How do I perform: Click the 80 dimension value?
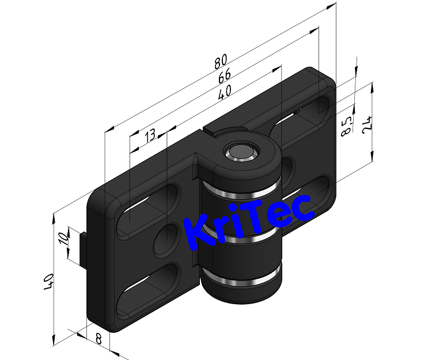(221, 60)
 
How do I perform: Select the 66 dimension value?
(223, 75)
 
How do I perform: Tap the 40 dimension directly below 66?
(225, 91)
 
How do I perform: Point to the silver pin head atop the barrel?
(240, 151)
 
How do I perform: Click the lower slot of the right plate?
(314, 190)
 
